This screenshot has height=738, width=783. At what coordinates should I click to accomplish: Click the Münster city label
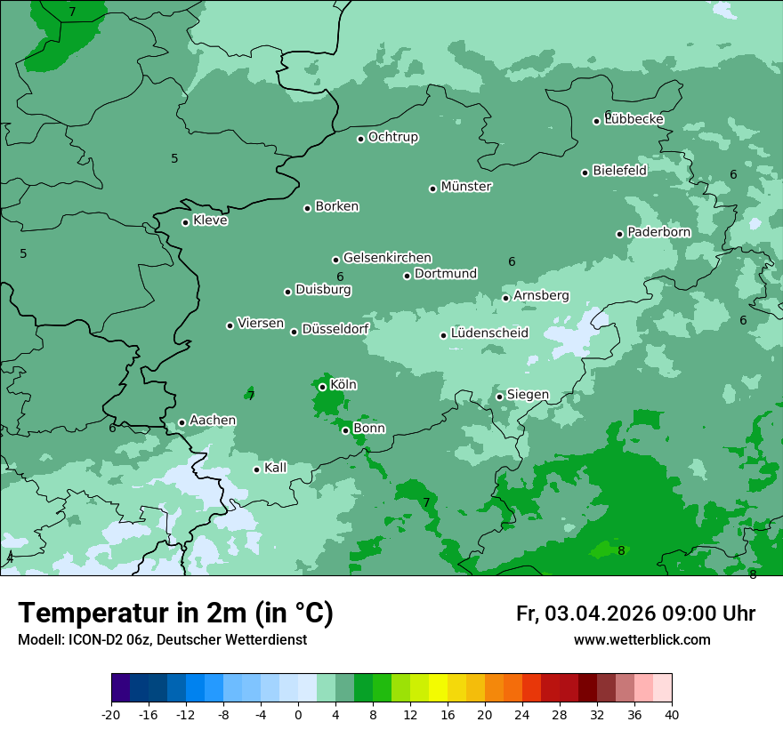tap(466, 187)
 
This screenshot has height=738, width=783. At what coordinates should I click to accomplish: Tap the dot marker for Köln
tap(323, 387)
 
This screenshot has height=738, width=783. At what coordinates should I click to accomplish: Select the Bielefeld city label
tap(619, 171)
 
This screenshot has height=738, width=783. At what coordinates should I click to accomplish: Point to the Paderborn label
tap(658, 232)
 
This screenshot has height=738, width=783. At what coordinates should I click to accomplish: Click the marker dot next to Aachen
tap(182, 423)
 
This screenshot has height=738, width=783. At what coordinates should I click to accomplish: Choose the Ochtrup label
tap(392, 137)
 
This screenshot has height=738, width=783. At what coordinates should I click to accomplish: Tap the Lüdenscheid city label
tap(489, 333)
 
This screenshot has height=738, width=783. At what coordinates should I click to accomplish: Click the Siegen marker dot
tap(500, 397)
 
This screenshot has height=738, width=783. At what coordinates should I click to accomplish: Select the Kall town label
tap(275, 468)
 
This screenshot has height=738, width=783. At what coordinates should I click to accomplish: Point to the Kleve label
tap(210, 221)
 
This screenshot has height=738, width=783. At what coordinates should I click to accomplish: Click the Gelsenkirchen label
tap(387, 258)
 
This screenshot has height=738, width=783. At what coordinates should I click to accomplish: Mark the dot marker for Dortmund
tap(408, 276)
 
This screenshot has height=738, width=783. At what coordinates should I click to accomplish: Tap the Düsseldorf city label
tap(335, 329)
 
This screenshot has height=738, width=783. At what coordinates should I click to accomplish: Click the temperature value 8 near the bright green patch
tap(621, 550)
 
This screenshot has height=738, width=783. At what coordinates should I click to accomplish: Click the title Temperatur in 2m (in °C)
tap(175, 613)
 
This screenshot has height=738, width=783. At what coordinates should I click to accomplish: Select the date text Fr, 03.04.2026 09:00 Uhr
tap(635, 614)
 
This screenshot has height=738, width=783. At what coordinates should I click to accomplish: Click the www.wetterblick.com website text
tap(642, 639)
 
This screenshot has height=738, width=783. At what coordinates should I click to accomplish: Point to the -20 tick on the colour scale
tap(111, 715)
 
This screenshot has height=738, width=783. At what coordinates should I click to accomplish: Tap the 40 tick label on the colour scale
tap(671, 715)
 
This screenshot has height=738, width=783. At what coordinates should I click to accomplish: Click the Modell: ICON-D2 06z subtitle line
tap(162, 639)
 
